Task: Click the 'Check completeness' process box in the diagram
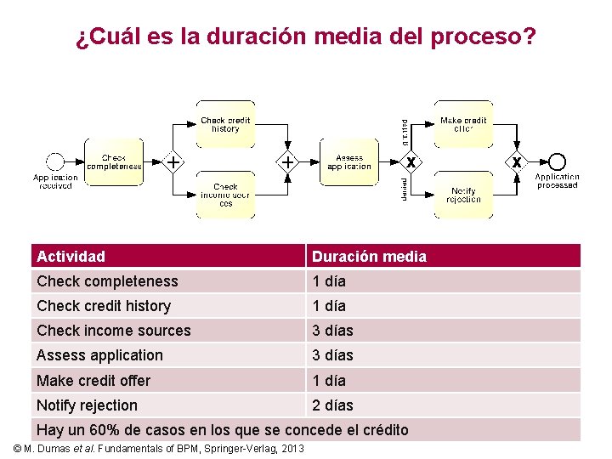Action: coord(114,161)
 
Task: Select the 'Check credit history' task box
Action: coord(225,124)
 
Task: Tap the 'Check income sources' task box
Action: coord(225,195)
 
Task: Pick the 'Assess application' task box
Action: coord(349,161)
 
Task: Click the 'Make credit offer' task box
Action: coord(463,124)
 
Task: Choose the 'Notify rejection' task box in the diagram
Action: coord(463,195)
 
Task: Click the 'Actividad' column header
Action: coord(71,257)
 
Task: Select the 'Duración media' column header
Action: coord(369,257)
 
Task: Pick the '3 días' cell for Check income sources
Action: coord(332,331)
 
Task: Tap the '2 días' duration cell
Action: coord(332,405)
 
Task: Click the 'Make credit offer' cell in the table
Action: coord(93,381)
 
